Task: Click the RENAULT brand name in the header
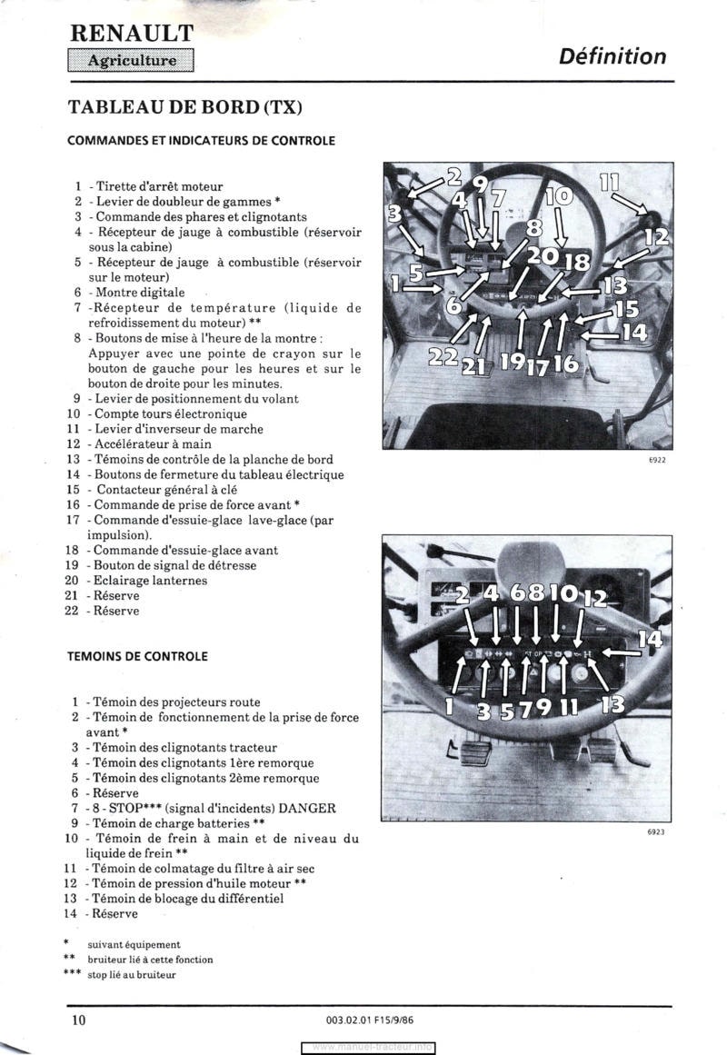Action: [132, 34]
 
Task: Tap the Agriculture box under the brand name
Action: [132, 61]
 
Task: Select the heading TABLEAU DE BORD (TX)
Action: [184, 107]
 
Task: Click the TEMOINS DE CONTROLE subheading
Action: [137, 655]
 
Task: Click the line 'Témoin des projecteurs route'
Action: [177, 702]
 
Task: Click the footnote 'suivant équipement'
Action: [134, 944]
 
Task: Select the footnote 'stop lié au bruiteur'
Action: [132, 975]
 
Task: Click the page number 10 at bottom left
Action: [79, 1020]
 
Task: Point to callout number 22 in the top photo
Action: [443, 357]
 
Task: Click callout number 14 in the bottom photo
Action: [649, 640]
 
